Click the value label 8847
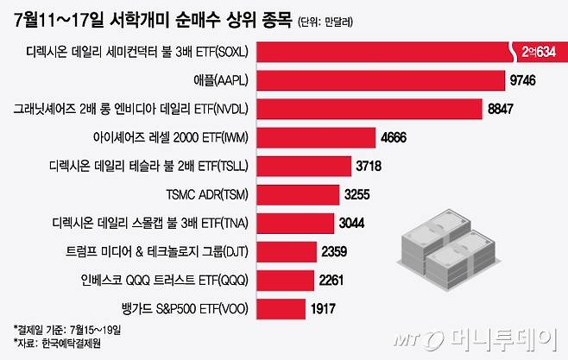[x=505, y=110]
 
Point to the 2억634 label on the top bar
[x=535, y=54]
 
